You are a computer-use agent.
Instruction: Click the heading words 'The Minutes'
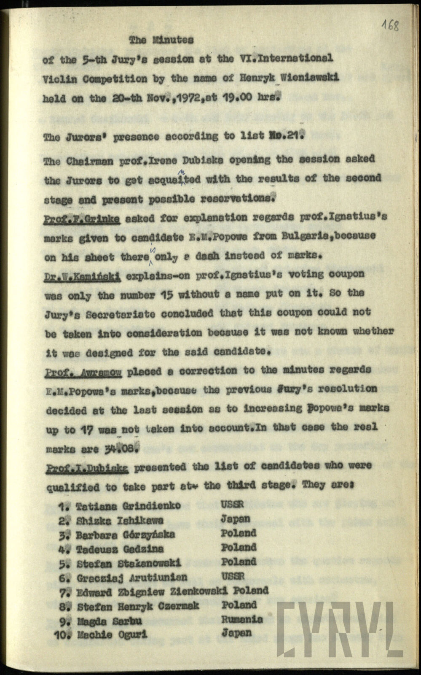point(161,40)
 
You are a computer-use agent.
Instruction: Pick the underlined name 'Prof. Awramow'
point(83,372)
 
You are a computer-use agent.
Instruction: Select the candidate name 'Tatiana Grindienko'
point(129,505)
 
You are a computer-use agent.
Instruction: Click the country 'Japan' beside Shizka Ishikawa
point(235,519)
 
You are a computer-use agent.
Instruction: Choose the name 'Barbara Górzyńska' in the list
point(125,535)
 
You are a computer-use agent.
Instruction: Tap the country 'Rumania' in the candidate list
point(242,619)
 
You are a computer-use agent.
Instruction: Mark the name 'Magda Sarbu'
point(104,621)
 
